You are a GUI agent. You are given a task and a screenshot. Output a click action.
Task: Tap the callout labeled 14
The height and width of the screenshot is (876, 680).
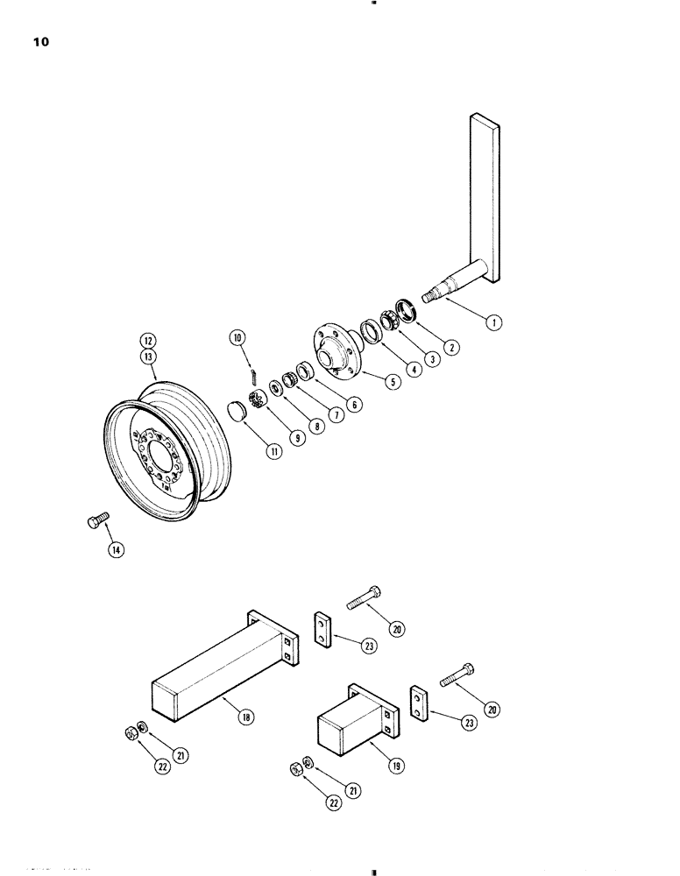tap(117, 550)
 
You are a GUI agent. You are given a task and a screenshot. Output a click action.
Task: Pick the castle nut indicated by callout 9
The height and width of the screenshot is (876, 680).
tap(258, 400)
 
